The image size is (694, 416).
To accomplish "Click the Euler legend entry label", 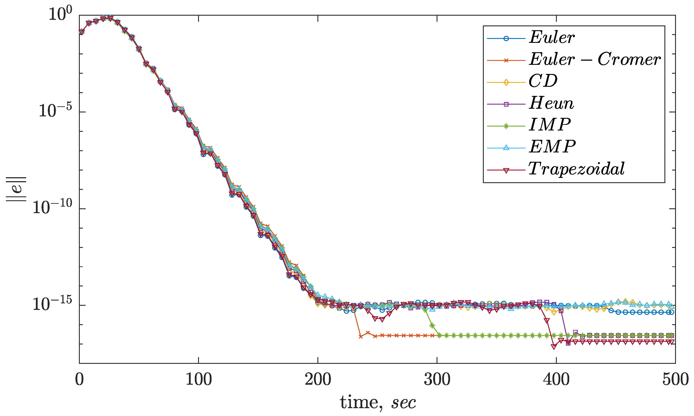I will [x=551, y=37].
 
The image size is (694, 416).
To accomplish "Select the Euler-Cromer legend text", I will [x=595, y=59].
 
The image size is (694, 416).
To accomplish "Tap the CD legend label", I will [x=543, y=81].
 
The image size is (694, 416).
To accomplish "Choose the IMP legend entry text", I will [x=549, y=125].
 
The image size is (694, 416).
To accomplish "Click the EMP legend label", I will [x=552, y=147].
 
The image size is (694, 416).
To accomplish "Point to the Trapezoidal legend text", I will [x=576, y=169].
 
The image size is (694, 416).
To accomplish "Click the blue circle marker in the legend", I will [x=506, y=38].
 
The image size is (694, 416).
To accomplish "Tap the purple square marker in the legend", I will [x=506, y=104].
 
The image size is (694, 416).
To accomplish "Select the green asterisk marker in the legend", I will [x=506, y=126].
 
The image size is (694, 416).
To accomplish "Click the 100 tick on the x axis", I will [x=199, y=380].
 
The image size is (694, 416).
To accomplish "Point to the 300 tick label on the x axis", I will [x=437, y=380].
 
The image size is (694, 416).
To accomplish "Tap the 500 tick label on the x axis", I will [x=675, y=380].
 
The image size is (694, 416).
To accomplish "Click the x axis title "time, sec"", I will [x=378, y=403].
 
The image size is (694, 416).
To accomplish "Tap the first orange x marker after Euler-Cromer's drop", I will [x=360, y=337].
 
